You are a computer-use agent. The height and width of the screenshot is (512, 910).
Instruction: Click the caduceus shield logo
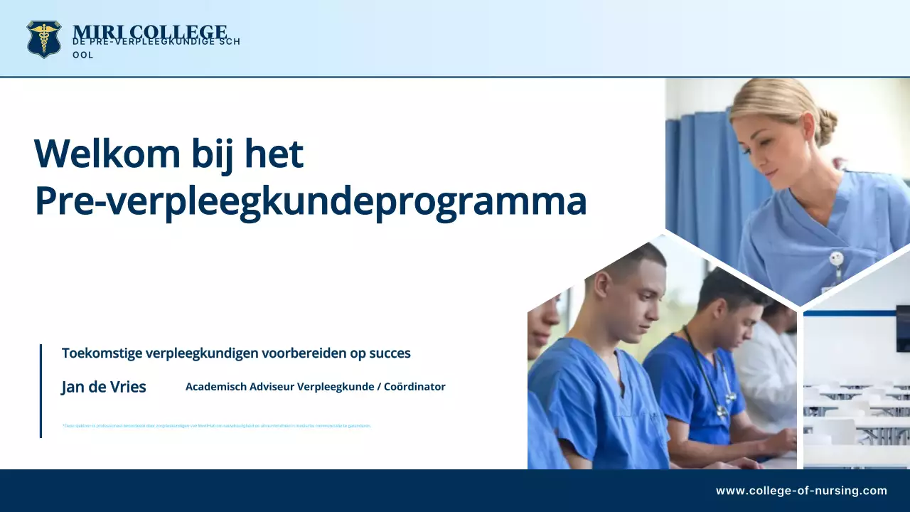[x=44, y=38]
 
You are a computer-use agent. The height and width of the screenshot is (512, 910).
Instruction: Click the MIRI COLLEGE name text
[x=149, y=32]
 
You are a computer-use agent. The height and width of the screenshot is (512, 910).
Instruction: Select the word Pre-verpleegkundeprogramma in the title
[x=311, y=201]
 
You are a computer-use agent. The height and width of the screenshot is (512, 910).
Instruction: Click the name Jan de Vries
[x=104, y=387]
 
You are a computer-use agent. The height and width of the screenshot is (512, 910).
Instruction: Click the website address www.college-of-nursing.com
[x=801, y=491]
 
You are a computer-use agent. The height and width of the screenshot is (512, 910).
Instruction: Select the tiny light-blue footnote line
[x=217, y=426]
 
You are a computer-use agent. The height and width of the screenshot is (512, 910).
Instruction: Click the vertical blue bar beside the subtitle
[x=41, y=390]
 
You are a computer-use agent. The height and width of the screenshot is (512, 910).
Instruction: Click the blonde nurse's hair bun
[x=826, y=127]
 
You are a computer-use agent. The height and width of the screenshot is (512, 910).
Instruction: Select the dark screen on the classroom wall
[x=902, y=328]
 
